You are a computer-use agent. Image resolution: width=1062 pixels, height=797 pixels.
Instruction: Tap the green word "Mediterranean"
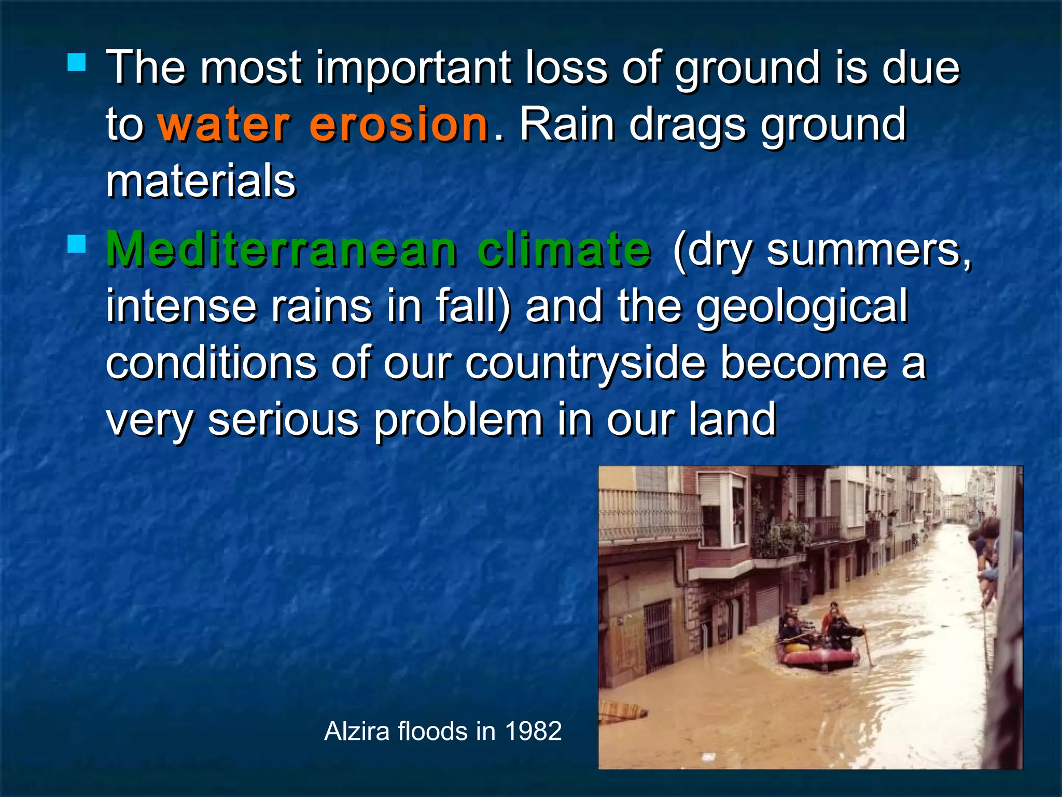(282, 250)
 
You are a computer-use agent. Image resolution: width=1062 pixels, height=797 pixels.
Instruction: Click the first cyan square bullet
(77, 63)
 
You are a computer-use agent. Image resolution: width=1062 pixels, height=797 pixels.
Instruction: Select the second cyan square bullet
(77, 244)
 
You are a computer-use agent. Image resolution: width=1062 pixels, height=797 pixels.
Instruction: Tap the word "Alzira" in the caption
(357, 732)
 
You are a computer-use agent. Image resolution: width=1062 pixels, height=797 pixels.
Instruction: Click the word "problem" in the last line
(458, 420)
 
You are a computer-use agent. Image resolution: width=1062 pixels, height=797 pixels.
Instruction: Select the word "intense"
(181, 307)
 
